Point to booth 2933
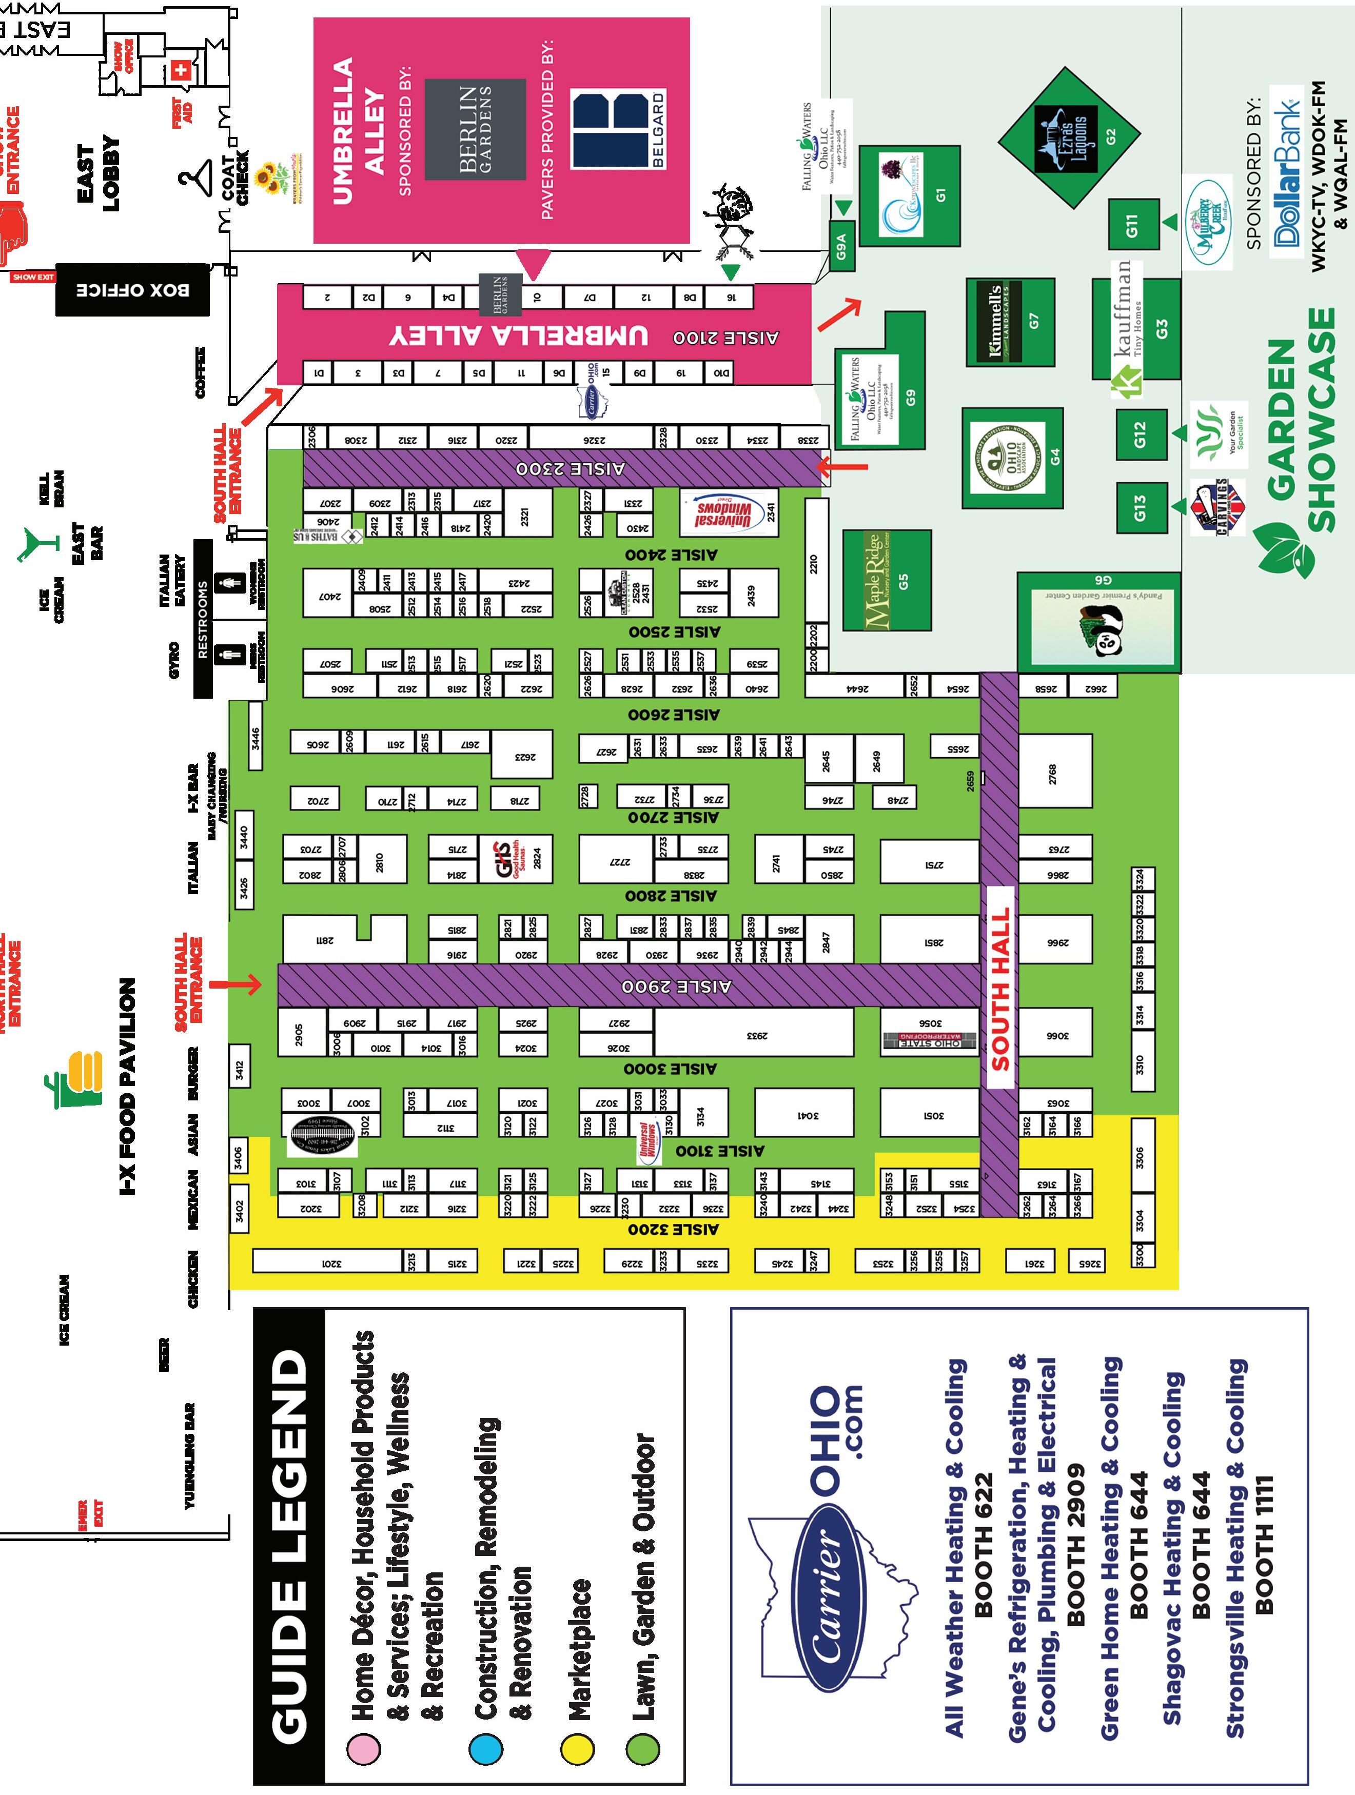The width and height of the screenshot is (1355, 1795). [x=754, y=1035]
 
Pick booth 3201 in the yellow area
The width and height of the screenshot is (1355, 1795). [x=328, y=1261]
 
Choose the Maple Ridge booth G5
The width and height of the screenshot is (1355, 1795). [x=887, y=581]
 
